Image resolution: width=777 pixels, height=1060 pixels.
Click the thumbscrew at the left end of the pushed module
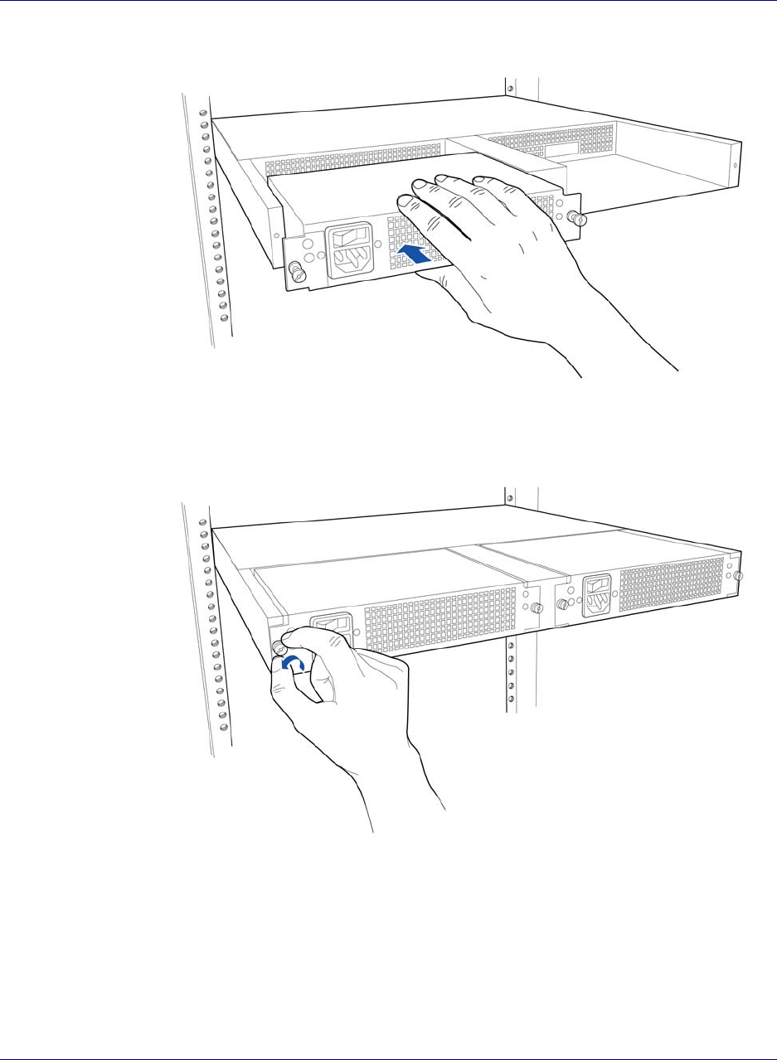(294, 271)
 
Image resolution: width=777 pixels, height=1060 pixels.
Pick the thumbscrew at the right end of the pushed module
(579, 220)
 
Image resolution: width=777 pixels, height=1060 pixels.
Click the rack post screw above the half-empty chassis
(510, 89)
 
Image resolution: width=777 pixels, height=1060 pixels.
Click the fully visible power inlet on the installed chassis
(599, 595)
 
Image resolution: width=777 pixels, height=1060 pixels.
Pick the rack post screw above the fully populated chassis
(510, 498)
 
